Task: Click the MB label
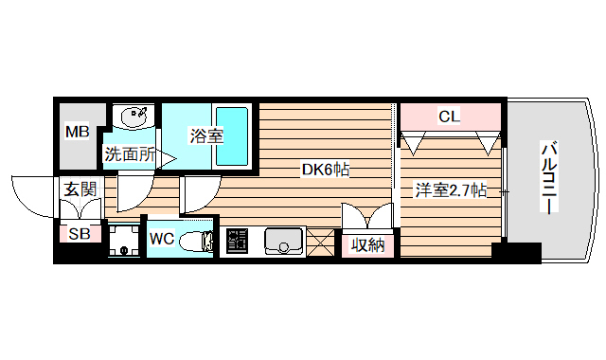(76, 132)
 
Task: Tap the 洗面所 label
(130, 154)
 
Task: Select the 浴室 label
(206, 136)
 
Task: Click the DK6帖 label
(327, 171)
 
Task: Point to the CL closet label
(450, 117)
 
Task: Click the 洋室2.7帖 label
(450, 190)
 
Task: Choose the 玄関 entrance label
(80, 189)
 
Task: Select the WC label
(161, 239)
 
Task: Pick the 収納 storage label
(366, 244)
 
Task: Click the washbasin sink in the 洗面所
(134, 118)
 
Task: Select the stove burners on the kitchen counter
(237, 243)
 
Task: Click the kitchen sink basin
(282, 242)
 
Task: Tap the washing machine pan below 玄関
(122, 240)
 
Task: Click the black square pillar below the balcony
(516, 253)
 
